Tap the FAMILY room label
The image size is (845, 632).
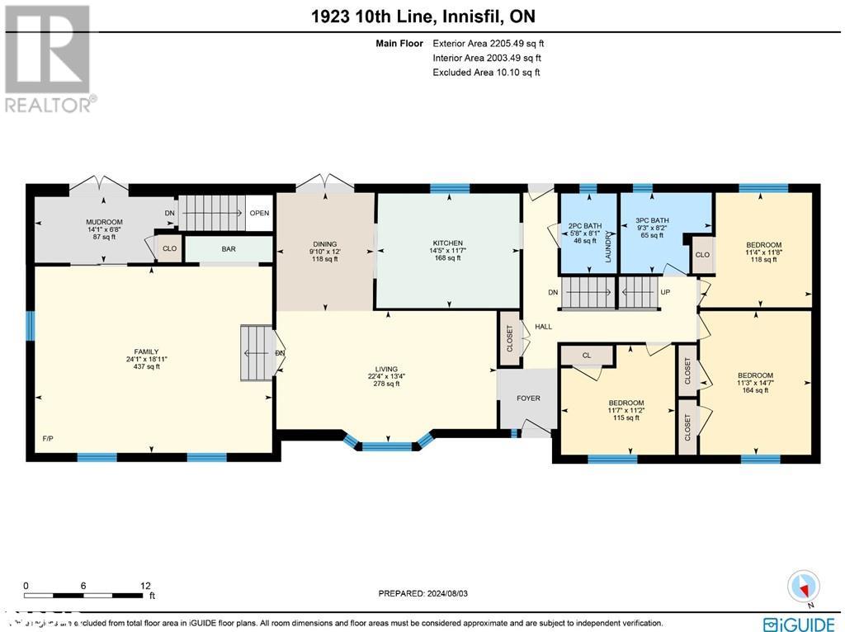coord(142,351)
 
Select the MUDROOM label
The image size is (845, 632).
coord(104,222)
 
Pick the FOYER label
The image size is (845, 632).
coord(528,399)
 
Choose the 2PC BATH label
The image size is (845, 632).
coord(585,226)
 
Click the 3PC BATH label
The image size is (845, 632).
coord(650,220)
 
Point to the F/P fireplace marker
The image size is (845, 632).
coord(48,438)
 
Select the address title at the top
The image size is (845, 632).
coord(422,17)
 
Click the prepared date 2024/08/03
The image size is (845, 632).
coord(427,593)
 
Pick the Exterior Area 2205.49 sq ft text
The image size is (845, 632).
coord(489,43)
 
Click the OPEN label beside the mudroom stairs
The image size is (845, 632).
coord(260,213)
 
